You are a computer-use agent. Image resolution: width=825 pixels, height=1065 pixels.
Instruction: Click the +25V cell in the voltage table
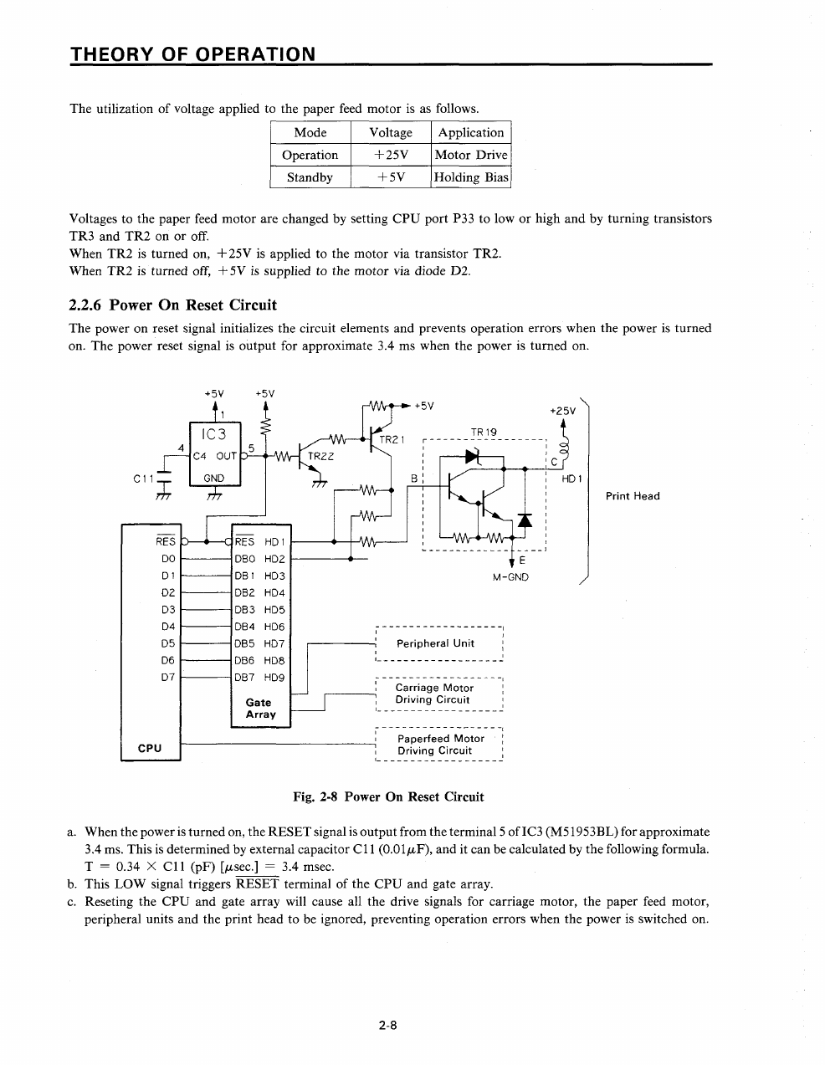[x=391, y=155]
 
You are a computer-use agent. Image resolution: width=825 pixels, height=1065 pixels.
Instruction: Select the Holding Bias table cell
[x=471, y=177]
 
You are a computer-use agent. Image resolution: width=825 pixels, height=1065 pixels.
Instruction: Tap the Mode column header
[x=310, y=132]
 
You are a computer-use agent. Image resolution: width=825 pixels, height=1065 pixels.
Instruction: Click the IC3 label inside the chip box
[x=213, y=434]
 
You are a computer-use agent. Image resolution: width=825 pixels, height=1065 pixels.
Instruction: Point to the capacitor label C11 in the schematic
[x=144, y=479]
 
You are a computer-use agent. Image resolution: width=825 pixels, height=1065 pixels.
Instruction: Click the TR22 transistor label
[x=320, y=456]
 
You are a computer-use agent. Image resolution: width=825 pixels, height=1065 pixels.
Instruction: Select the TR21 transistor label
[x=392, y=439]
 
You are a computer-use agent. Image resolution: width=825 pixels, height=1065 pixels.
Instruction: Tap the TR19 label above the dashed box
[x=484, y=433]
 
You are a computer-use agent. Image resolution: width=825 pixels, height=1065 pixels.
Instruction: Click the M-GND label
[x=510, y=577]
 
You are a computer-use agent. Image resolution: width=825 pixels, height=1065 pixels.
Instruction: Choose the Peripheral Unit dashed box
[x=439, y=643]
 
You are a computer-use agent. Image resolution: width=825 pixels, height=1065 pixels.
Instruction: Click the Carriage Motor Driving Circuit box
[x=439, y=694]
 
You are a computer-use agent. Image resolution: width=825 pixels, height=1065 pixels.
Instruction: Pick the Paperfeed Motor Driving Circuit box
[x=439, y=745]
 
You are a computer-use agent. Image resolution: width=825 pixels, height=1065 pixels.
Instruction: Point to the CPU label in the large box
[x=150, y=749]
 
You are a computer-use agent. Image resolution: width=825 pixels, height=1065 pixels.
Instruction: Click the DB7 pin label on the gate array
[x=244, y=678]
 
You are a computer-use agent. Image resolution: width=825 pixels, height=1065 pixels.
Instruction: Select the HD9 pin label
[x=274, y=678]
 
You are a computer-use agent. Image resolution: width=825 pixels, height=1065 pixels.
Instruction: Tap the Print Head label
[x=633, y=496]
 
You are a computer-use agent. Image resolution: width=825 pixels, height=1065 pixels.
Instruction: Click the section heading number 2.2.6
[x=85, y=305]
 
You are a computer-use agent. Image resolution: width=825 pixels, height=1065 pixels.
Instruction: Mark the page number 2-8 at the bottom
[x=387, y=1025]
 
